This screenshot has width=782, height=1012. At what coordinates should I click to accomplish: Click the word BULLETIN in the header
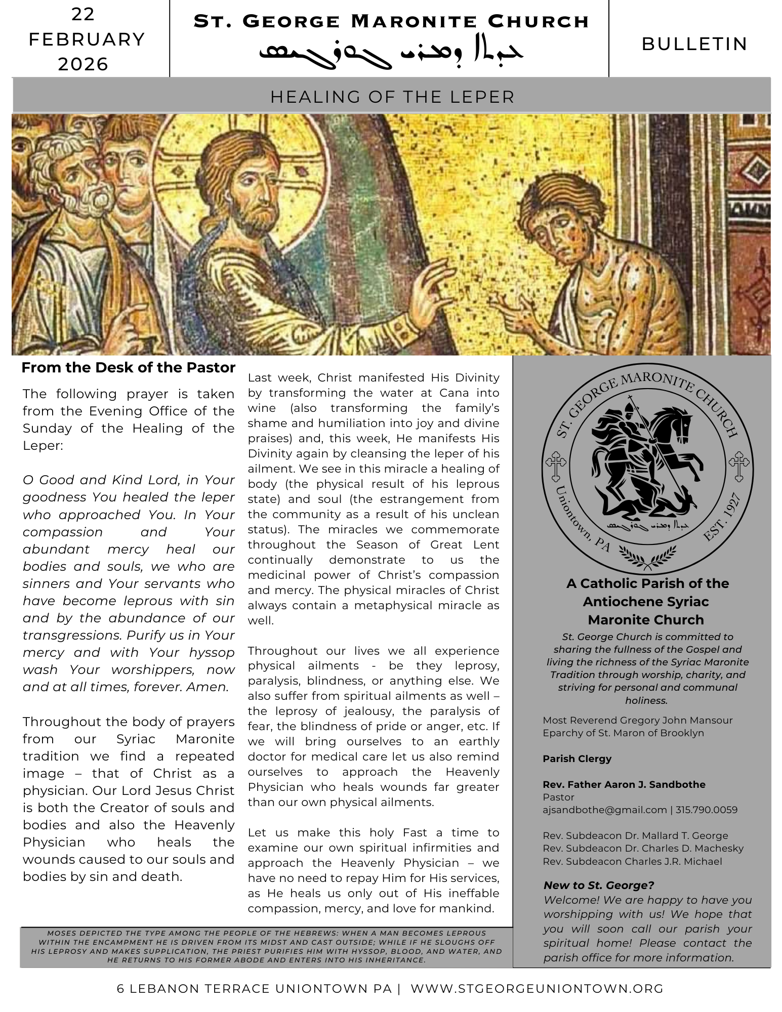[694, 45]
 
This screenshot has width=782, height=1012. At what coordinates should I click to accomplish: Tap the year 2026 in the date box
[83, 64]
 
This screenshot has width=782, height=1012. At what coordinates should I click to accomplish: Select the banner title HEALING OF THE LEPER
[392, 97]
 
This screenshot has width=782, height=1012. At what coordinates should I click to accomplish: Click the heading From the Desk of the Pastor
[128, 368]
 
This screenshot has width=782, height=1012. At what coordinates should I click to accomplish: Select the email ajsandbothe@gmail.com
[604, 810]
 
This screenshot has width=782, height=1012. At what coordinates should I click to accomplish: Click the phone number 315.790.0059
[707, 810]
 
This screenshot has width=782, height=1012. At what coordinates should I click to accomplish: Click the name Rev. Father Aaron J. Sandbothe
[624, 785]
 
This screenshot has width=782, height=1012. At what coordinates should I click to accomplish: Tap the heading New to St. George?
[598, 885]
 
